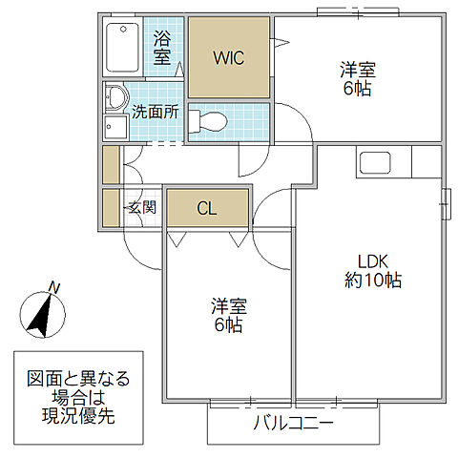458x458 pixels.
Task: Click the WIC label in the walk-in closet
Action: click(x=228, y=57)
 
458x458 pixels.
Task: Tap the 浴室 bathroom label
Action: click(x=162, y=48)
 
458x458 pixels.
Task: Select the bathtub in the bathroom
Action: click(x=123, y=46)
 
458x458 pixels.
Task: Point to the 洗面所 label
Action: click(x=156, y=111)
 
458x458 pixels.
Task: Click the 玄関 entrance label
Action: click(x=143, y=206)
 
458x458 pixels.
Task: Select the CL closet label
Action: click(x=207, y=208)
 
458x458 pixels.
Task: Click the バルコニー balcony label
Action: click(x=293, y=424)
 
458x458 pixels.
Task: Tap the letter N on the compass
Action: click(x=54, y=287)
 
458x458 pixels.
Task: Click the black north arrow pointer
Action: click(x=40, y=316)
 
